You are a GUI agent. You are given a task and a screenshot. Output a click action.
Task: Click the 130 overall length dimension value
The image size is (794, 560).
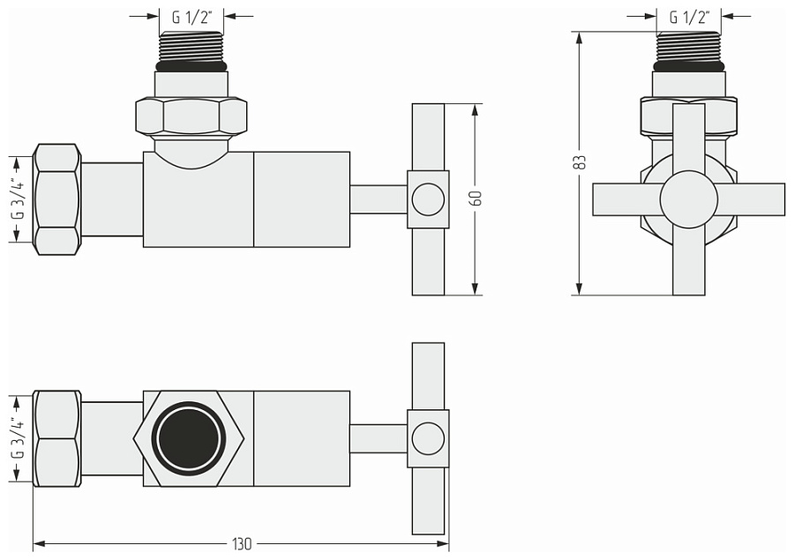(241, 544)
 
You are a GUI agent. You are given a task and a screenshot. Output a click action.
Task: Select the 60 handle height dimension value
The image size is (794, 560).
(476, 199)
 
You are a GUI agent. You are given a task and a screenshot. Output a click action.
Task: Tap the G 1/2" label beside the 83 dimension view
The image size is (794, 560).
(689, 16)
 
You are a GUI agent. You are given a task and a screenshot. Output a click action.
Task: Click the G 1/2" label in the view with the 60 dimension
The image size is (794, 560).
(191, 16)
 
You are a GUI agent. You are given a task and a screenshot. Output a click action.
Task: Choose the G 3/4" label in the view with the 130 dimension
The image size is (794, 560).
(16, 438)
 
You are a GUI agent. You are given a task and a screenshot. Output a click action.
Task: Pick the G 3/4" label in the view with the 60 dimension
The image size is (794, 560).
(16, 199)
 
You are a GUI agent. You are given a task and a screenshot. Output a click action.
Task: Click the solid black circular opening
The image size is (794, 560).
(189, 438)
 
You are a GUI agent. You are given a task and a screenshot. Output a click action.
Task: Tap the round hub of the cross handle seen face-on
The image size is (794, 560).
(688, 199)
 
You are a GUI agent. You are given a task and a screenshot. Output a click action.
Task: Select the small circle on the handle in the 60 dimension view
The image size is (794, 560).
(428, 199)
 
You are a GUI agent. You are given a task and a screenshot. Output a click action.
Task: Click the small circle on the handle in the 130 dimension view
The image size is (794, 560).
(428, 438)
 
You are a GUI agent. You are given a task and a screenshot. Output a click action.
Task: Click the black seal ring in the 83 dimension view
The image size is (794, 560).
(689, 66)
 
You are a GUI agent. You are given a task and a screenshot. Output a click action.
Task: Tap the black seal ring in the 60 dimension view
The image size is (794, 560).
(191, 66)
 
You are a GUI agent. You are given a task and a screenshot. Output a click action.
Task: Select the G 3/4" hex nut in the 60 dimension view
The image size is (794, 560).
(56, 199)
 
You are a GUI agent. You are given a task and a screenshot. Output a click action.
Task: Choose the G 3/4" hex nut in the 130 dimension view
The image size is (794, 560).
(56, 438)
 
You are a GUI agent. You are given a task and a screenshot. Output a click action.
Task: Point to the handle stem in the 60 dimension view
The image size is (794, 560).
(378, 199)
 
